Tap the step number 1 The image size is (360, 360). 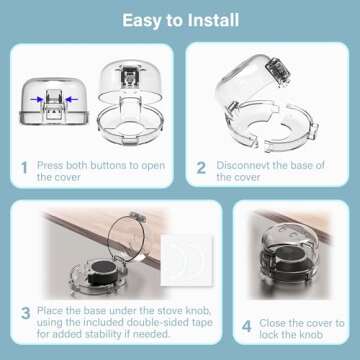(x=23, y=169)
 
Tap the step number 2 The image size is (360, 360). (x=201, y=169)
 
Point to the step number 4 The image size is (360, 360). (x=247, y=324)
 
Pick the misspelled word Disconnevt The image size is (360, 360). (x=251, y=163)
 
